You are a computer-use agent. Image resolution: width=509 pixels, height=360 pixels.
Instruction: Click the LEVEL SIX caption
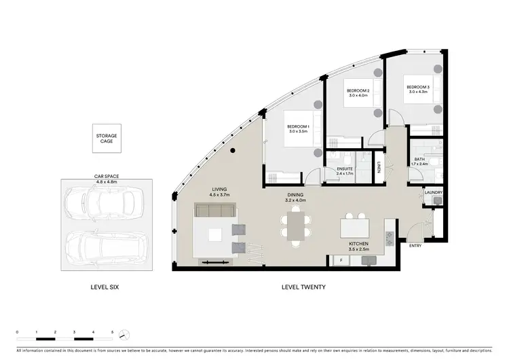click(x=105, y=287)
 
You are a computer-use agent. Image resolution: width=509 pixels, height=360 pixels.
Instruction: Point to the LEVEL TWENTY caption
click(x=303, y=287)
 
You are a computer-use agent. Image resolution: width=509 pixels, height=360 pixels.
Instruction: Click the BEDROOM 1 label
click(x=297, y=128)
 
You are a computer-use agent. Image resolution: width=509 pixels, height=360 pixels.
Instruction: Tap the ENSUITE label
click(x=345, y=171)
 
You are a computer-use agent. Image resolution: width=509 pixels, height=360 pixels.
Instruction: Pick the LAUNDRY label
click(x=433, y=192)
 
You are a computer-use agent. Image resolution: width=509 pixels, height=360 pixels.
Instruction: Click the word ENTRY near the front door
click(x=415, y=247)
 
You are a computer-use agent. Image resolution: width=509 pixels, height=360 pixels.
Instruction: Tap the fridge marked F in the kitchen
click(x=339, y=259)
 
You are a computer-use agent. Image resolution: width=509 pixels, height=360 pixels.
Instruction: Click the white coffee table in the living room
click(x=214, y=235)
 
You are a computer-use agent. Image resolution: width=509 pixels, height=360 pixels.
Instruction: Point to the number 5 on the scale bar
click(x=113, y=331)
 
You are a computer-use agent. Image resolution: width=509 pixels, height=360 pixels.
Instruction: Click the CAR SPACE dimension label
click(x=107, y=179)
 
